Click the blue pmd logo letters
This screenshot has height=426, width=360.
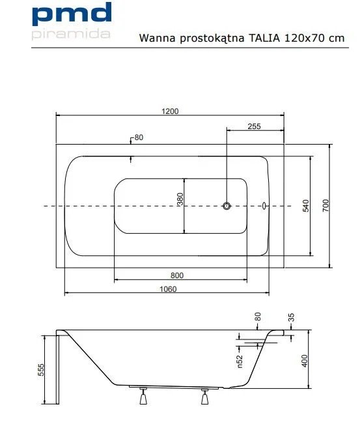[x=72, y=14]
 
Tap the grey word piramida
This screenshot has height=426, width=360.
[x=71, y=35]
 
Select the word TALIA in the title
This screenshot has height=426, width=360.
[x=264, y=38]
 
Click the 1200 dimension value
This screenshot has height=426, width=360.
[x=170, y=111]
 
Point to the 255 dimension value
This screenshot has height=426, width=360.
[x=254, y=126]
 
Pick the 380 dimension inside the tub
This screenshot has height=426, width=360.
[x=180, y=199]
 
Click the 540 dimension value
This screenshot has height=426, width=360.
[x=306, y=206]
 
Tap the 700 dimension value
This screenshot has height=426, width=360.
[x=325, y=206]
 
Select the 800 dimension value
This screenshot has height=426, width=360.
[x=177, y=276]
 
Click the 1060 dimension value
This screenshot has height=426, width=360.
[x=168, y=289]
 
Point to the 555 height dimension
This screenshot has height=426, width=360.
[x=40, y=370]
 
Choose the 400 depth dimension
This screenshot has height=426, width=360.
[x=305, y=361]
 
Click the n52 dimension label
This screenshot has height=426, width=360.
[x=240, y=362]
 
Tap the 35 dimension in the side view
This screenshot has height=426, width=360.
[x=291, y=317]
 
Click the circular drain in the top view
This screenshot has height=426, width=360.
[x=227, y=206]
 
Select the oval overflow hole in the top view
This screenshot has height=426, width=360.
[x=264, y=206]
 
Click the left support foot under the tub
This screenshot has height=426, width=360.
[x=143, y=397]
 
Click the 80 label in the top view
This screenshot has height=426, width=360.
[x=139, y=137]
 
